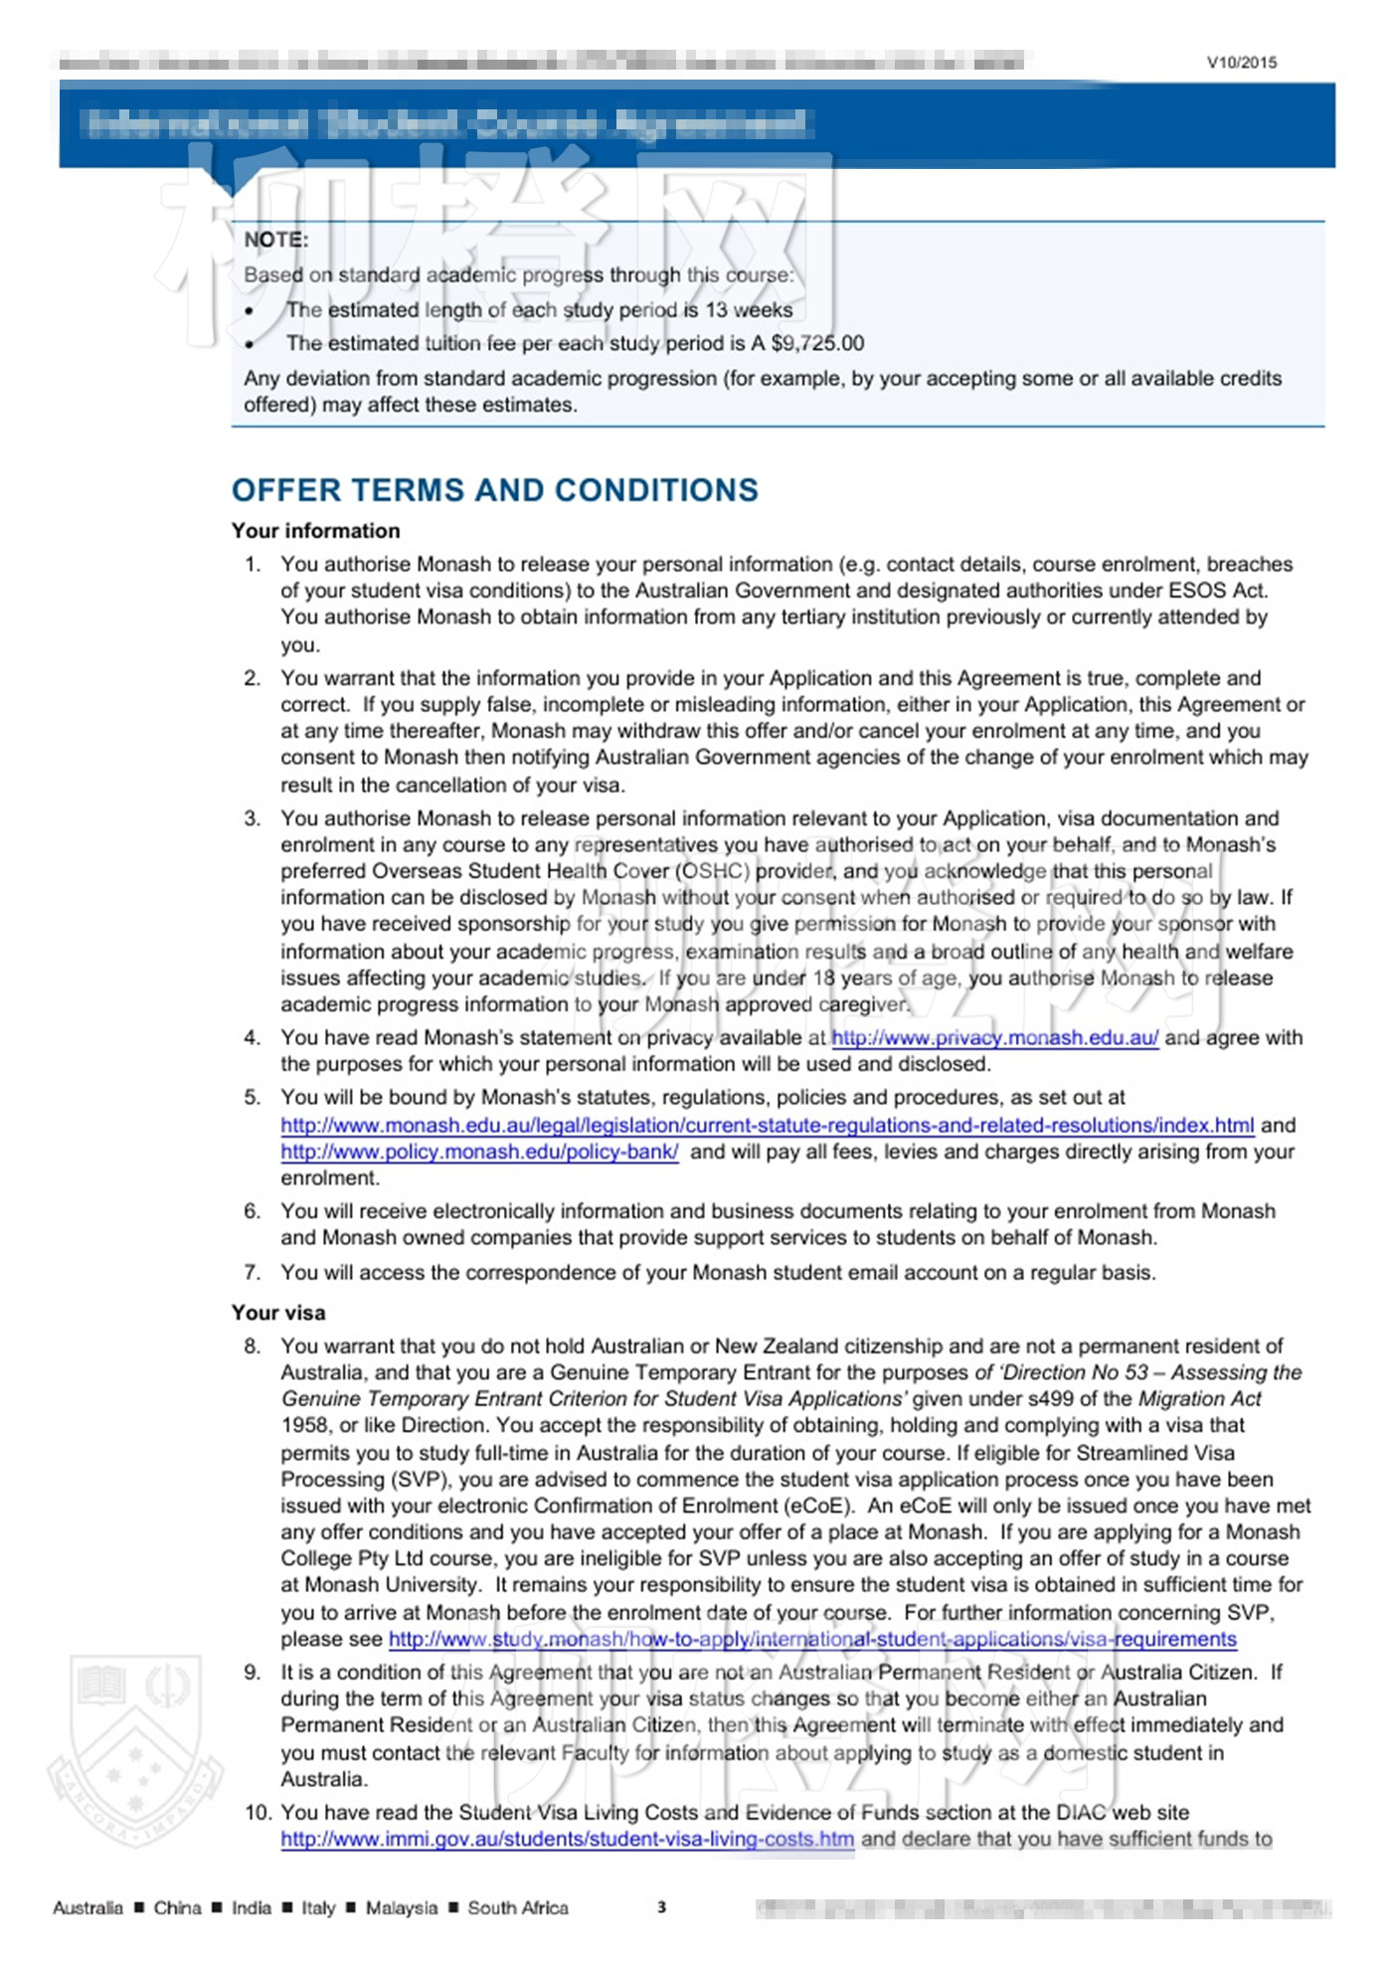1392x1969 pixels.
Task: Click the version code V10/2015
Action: (1242, 62)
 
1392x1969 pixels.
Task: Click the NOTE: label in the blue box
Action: (276, 240)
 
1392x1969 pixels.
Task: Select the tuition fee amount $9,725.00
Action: (817, 343)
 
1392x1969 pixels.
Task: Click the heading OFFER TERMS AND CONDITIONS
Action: (494, 490)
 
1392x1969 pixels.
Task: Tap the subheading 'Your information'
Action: (315, 531)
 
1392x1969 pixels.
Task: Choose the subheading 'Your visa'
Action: (278, 1313)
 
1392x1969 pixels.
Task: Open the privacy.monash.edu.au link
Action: (994, 1037)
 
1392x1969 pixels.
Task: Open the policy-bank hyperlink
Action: (479, 1152)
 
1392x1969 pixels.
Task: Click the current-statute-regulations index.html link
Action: (767, 1125)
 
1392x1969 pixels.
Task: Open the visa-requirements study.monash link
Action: (811, 1639)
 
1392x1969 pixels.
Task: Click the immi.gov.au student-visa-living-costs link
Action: (567, 1839)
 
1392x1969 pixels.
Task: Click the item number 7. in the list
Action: (253, 1272)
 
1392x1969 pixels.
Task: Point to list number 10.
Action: (258, 1812)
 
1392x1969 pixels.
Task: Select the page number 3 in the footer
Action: (661, 1906)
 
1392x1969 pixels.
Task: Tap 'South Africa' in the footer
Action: (518, 1907)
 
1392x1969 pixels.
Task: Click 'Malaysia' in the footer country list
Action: (401, 1907)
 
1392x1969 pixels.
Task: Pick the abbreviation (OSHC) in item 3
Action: (713, 871)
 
